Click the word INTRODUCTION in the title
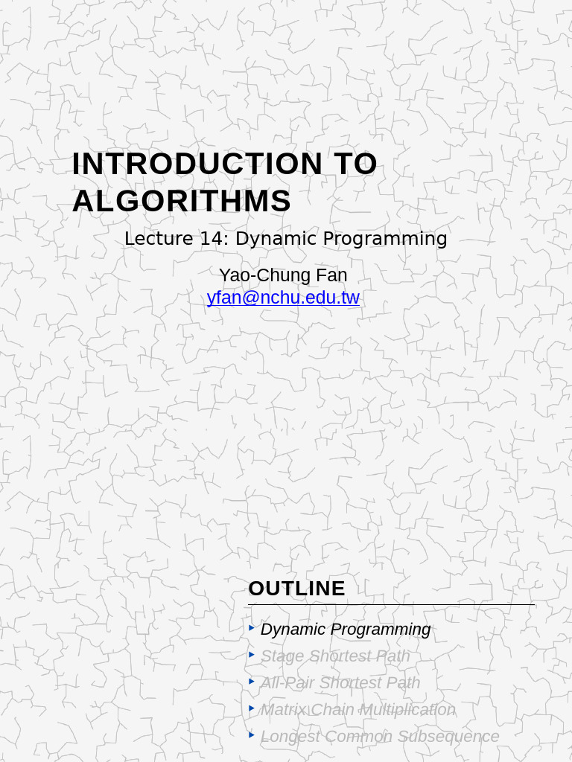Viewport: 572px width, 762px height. (x=197, y=164)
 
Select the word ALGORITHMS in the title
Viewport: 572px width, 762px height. (x=181, y=202)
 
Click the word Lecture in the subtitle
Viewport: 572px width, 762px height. (x=156, y=239)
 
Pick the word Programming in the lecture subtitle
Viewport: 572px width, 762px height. (x=392, y=239)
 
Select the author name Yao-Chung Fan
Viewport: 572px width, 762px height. (x=283, y=275)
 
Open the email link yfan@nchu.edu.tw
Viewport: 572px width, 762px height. (x=283, y=298)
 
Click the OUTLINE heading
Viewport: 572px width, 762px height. (x=296, y=589)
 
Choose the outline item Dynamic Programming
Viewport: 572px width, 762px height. (x=346, y=630)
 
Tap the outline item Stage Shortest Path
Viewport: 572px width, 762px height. (x=335, y=656)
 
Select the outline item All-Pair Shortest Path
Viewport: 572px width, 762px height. (x=340, y=683)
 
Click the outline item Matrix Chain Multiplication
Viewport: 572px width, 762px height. (x=357, y=710)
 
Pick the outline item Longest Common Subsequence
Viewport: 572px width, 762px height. (x=380, y=737)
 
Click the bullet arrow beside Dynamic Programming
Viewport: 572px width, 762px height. (x=252, y=628)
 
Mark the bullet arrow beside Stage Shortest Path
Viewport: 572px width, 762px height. (x=252, y=655)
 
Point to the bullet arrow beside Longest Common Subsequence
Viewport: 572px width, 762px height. (x=252, y=735)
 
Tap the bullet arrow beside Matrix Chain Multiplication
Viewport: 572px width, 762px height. (x=252, y=708)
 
